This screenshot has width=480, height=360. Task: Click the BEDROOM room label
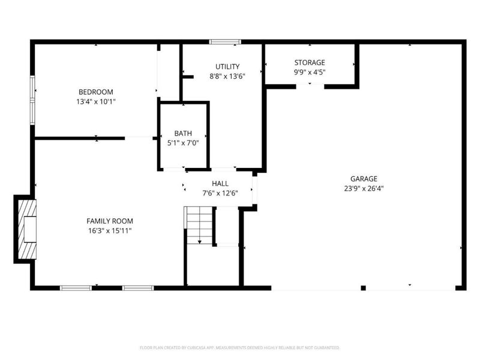[x=95, y=92]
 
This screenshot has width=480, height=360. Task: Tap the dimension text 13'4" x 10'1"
[x=95, y=101]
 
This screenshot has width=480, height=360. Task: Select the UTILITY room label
[x=227, y=67]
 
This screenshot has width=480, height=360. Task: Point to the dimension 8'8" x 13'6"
[x=227, y=76]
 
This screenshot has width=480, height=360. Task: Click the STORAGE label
[x=310, y=62]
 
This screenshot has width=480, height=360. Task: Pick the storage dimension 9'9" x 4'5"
[x=310, y=72]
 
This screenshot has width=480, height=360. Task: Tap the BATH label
[x=183, y=133]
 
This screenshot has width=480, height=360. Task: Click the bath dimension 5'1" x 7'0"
[x=183, y=143]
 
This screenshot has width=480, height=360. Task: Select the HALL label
[x=220, y=184]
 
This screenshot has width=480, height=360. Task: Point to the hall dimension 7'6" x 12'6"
[x=220, y=193]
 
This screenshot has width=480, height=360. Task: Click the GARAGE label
[x=364, y=178]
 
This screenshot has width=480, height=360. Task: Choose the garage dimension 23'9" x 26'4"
[x=364, y=188]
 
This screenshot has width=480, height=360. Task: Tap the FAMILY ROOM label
[x=109, y=221]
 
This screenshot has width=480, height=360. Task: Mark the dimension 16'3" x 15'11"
[x=109, y=230]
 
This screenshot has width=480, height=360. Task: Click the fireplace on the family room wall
[x=26, y=229]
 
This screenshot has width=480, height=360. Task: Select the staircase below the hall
[x=199, y=224]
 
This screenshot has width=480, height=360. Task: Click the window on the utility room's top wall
[x=225, y=42]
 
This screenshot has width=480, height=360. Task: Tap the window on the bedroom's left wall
[x=33, y=97]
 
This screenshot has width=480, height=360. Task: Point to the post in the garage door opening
[x=363, y=288]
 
